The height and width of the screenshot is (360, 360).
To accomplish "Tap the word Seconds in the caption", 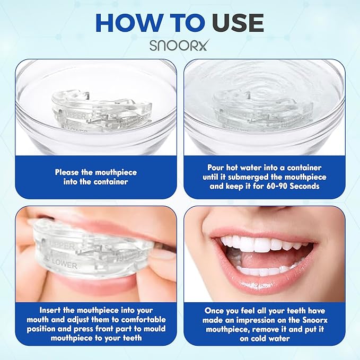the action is (x=305, y=186).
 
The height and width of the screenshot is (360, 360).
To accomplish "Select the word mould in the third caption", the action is (x=154, y=329).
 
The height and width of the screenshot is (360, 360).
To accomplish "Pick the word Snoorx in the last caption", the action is (x=315, y=320).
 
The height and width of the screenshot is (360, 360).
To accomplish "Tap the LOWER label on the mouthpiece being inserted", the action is (x=64, y=264).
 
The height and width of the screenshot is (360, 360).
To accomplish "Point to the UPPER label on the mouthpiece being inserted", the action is (x=62, y=245).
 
